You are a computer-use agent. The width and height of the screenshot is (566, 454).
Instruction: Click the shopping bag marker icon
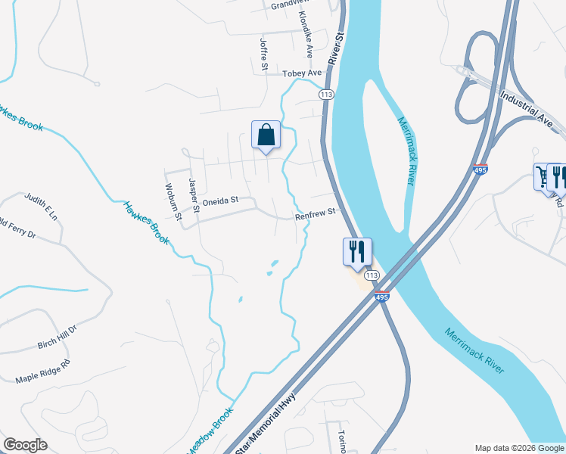click(x=266, y=135)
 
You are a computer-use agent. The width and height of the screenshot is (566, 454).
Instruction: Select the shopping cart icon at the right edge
click(x=543, y=177)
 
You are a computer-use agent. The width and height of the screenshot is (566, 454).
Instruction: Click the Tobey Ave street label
click(x=302, y=73)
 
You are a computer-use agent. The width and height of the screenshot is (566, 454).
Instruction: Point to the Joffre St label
click(x=264, y=55)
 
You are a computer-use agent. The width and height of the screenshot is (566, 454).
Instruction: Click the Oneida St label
click(x=220, y=201)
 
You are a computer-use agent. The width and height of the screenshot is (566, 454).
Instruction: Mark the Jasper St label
click(x=193, y=194)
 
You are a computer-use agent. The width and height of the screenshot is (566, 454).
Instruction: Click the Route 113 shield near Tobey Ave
click(x=326, y=94)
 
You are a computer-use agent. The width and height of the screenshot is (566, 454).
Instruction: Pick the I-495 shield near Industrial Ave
click(x=479, y=169)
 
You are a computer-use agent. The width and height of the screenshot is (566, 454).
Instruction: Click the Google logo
click(x=25, y=445)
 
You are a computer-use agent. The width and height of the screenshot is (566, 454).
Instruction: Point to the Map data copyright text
click(x=519, y=448)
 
